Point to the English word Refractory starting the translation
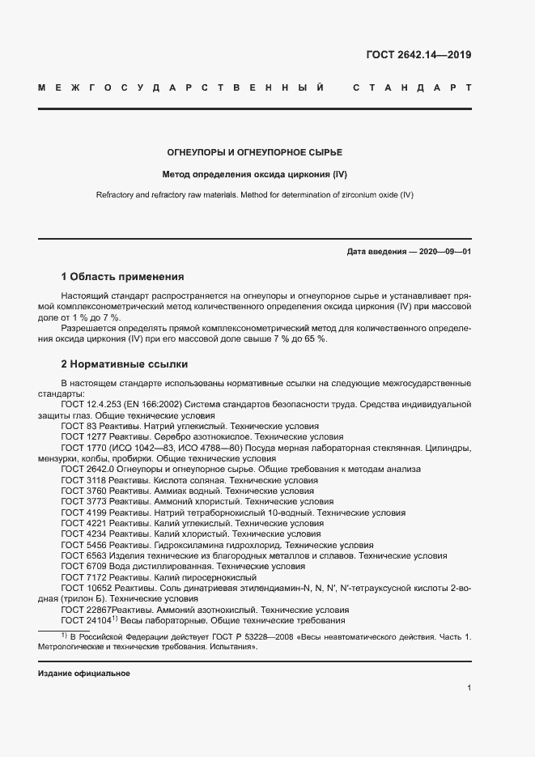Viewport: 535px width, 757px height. point(117,195)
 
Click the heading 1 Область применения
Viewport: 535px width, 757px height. point(122,277)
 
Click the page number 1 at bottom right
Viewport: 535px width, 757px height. point(469,688)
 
